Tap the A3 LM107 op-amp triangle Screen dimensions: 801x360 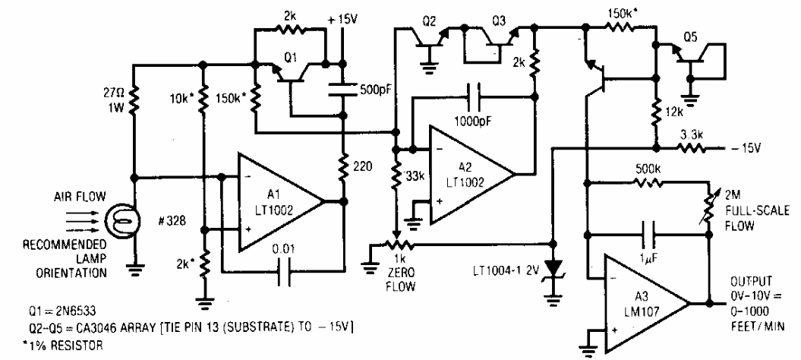pyautogui.click(x=645, y=303)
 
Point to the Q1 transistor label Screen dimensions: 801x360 pyautogui.click(x=290, y=58)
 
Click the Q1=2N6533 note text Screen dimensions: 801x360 pyautogui.click(x=63, y=311)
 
